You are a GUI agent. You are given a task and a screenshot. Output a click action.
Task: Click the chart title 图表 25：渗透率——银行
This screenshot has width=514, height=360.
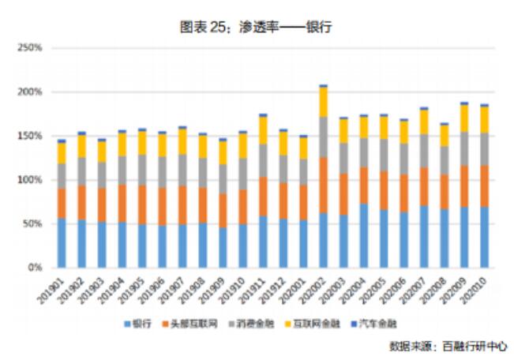(x=256, y=26)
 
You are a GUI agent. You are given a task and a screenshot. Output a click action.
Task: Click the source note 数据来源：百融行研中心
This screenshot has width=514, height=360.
(x=447, y=346)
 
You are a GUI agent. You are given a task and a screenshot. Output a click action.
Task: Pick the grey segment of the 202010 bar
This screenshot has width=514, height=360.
(x=483, y=148)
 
